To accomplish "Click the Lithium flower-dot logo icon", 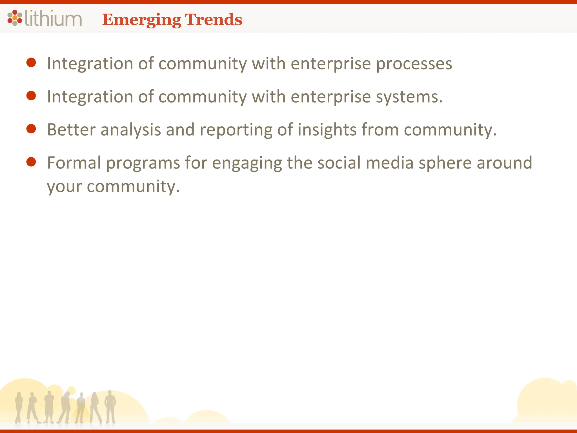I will point(15,18).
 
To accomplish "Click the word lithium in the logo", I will point(53,19).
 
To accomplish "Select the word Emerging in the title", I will point(141,20).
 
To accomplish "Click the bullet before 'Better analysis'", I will point(31,129).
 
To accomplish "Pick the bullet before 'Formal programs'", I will point(31,162).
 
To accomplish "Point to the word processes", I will point(414,64).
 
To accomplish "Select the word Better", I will point(71,130).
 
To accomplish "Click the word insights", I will point(327,130).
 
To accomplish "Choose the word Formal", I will point(74,163).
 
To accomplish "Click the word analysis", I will point(131,130).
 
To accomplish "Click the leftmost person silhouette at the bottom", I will point(19,407).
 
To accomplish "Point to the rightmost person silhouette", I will point(110,407).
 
